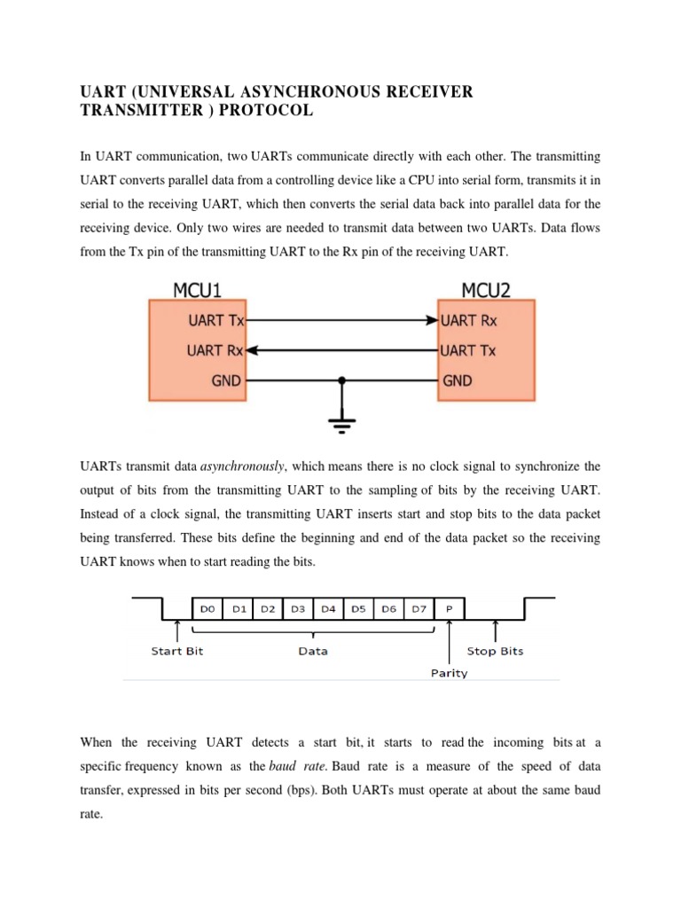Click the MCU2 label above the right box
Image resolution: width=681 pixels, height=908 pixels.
point(487,289)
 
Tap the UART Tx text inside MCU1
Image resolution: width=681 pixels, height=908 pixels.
point(216,320)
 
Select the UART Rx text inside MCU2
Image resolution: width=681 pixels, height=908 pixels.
point(469,320)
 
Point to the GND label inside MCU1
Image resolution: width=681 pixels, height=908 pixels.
point(226,380)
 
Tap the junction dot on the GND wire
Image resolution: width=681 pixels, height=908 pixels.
point(340,381)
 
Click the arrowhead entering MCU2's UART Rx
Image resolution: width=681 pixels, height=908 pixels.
point(432,320)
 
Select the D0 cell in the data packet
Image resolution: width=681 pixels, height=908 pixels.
point(207,609)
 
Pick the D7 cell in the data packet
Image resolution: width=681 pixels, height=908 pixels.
point(419,609)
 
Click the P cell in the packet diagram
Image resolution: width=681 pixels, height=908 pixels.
point(450,609)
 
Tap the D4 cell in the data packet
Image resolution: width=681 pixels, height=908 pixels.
point(328,609)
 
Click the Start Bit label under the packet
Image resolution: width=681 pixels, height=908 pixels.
point(178,651)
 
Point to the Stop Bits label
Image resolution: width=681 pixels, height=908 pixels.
point(495,651)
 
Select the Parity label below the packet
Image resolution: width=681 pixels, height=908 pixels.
point(450,673)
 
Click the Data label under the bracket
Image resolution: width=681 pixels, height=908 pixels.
point(313,651)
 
